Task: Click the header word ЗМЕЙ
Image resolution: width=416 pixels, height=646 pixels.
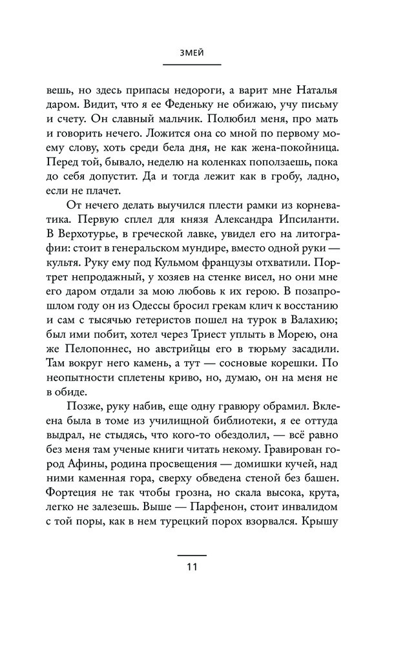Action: tap(200, 54)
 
